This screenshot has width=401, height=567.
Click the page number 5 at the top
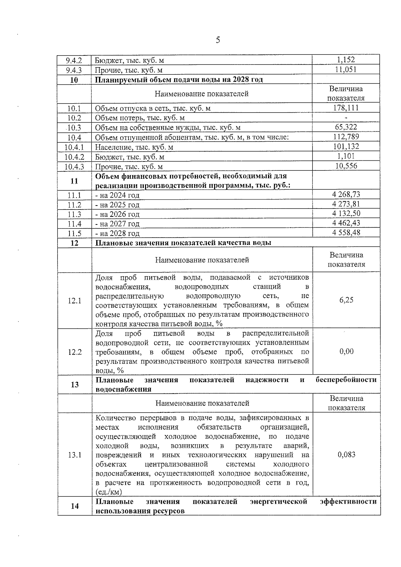218,40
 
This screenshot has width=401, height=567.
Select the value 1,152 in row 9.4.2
346,60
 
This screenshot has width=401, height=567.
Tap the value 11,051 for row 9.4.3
346,69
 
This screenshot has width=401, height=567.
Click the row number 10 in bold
74,80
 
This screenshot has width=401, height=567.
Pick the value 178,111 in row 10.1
346,108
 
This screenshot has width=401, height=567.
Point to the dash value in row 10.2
346,118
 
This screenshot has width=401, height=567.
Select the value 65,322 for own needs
346,127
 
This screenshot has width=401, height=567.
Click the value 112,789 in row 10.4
346,137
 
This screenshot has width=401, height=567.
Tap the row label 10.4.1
74,147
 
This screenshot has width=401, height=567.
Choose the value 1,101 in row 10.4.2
346,156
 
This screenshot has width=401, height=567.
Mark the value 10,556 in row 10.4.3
346,166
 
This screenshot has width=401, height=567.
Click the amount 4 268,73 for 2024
346,194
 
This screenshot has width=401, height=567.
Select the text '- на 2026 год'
117,214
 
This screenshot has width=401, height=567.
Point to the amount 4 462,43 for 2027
346,223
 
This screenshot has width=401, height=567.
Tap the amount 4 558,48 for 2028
346,233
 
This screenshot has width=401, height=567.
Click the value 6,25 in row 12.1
346,300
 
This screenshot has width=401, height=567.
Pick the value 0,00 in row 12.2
346,351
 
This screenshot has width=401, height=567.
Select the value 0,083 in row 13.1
346,454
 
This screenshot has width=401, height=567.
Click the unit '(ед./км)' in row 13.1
109,492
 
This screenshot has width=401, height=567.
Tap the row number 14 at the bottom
75,506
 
